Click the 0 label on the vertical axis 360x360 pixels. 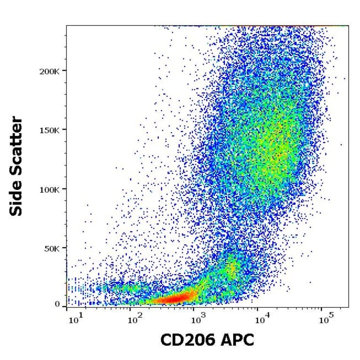pyautogui.click(x=57, y=304)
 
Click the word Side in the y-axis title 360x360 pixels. pyautogui.click(x=16, y=200)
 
